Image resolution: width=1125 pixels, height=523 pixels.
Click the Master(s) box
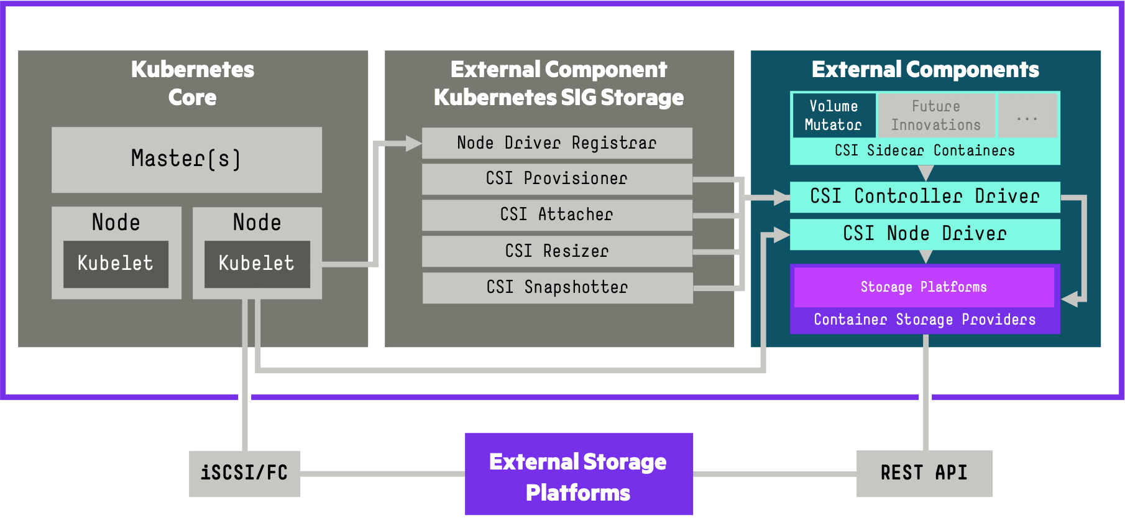coord(186,159)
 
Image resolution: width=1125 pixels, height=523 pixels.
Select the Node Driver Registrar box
coord(557,143)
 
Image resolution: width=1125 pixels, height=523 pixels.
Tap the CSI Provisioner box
coord(557,178)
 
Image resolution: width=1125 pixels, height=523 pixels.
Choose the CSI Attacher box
coord(557,215)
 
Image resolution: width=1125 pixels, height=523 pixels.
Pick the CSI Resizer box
coord(557,251)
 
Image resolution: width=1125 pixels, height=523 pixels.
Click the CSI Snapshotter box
coord(557,287)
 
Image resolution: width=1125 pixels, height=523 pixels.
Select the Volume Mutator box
coord(833,115)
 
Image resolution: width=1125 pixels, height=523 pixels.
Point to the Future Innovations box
coord(936,115)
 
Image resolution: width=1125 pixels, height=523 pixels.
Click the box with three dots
coord(1027,115)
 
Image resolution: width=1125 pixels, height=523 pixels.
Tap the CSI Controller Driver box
coord(925,197)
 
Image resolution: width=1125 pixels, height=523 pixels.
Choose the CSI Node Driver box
coord(925,234)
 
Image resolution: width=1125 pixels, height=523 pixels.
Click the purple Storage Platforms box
coord(924,287)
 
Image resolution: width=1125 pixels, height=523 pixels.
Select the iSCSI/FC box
coord(244,473)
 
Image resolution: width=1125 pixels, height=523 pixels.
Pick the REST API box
coord(924,473)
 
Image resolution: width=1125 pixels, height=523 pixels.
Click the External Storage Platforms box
coord(579,474)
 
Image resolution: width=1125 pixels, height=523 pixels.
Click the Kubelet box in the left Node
coord(116,264)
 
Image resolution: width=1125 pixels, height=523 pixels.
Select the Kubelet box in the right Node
coord(257,264)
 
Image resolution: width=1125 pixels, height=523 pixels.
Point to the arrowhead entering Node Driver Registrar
coord(413,144)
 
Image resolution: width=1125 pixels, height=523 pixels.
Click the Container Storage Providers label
coord(925,320)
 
